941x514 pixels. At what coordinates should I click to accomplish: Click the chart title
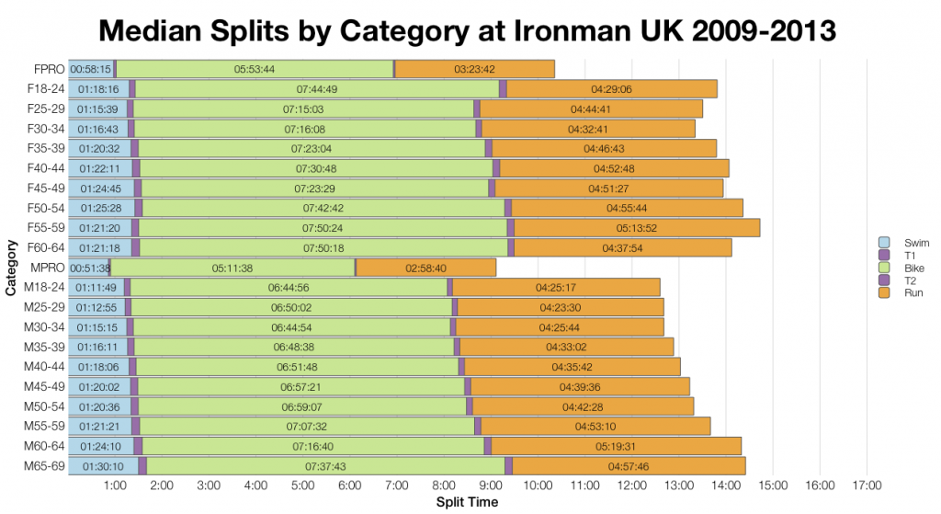(x=470, y=29)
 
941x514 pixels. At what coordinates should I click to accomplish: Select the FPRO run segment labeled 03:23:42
(x=475, y=69)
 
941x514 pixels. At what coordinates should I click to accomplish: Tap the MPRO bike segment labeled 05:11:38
(x=232, y=268)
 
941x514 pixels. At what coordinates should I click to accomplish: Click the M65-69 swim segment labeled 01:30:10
(x=103, y=466)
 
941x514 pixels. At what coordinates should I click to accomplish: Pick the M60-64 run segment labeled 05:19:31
(x=616, y=446)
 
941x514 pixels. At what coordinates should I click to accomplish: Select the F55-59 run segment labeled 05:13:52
(x=637, y=227)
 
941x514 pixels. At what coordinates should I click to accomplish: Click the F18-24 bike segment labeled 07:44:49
(x=317, y=89)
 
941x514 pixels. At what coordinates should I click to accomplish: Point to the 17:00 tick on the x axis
(x=867, y=485)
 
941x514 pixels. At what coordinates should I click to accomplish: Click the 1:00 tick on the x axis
(x=115, y=485)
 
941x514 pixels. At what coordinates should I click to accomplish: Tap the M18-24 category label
(x=44, y=288)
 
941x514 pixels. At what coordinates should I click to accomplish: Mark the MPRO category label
(x=46, y=268)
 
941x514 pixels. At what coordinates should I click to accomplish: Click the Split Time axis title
(x=468, y=502)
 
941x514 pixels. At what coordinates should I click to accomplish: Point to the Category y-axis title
(x=10, y=268)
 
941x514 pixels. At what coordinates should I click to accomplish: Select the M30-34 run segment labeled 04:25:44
(x=560, y=327)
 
